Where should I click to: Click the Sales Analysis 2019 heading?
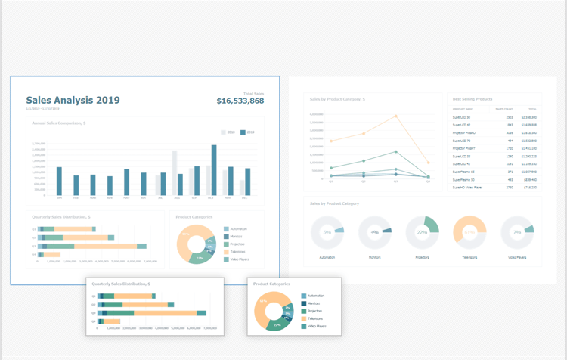coord(73,100)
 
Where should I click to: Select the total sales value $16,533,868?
coord(240,101)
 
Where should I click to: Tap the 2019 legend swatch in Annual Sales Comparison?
coord(243,132)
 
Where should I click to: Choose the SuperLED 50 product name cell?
coord(461,117)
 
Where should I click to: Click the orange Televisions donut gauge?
coord(469,233)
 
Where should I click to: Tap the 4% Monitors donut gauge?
coord(374,232)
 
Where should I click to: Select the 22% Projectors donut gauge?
coord(422,232)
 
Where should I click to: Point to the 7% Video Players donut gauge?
coord(517,232)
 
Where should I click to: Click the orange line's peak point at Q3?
coord(396,116)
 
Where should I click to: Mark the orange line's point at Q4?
coord(428,163)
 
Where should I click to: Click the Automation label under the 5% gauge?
coord(327,257)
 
